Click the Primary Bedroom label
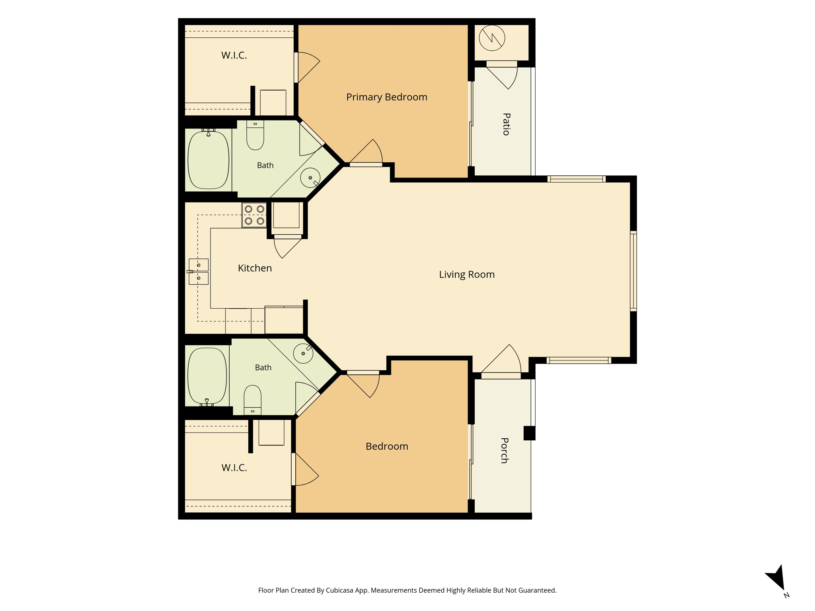coord(386,97)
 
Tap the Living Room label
coord(467,274)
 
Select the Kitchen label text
coord(255,268)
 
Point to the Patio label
coord(506,124)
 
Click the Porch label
coord(504,450)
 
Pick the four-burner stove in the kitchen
coord(254,215)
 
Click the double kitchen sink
coord(198,272)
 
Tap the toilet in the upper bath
coord(255,135)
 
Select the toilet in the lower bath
coord(252,400)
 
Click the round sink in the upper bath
coord(310,178)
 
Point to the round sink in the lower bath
coord(303,353)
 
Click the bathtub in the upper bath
coord(209,160)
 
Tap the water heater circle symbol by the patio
coord(492,38)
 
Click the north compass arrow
coord(777,579)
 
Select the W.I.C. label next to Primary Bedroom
coord(234,55)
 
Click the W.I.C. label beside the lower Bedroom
coord(234,468)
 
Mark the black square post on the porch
coord(529,433)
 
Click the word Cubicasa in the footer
coord(341,590)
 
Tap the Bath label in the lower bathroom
coord(263,368)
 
